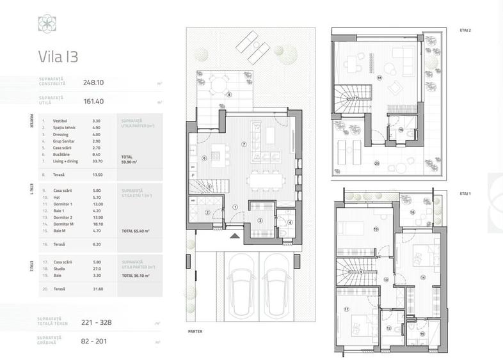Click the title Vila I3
click(x=58, y=56)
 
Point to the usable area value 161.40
click(x=93, y=100)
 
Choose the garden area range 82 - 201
click(x=97, y=341)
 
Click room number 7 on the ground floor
click(x=244, y=144)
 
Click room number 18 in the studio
click(x=379, y=78)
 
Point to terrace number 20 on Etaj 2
click(x=377, y=163)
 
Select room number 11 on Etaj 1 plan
click(x=346, y=309)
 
